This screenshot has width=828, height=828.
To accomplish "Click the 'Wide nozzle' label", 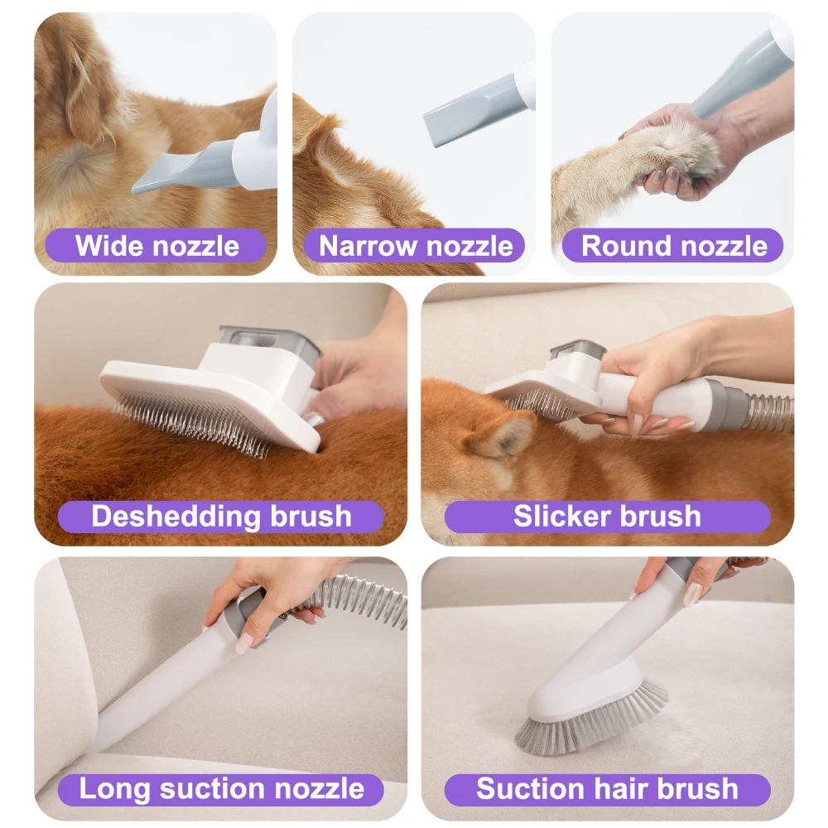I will point(156,246).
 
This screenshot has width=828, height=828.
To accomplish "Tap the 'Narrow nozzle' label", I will point(416,246).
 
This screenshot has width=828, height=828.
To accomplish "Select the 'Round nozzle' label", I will point(674,246).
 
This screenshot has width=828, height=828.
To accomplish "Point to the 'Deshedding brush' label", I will point(221,517).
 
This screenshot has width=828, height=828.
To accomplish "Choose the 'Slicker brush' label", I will point(607,517).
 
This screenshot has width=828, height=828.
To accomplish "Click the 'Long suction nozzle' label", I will point(221,788).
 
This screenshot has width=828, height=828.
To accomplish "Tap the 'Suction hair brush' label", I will point(607,788).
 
